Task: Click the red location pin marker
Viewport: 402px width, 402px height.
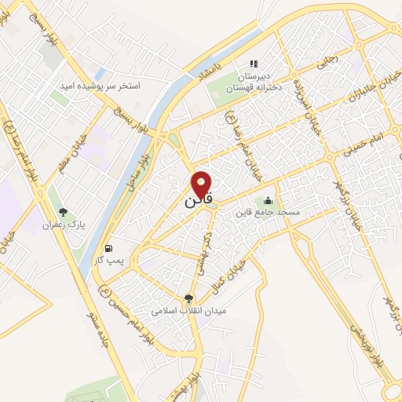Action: [x=202, y=184]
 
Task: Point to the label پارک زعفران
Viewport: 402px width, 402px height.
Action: [x=64, y=225]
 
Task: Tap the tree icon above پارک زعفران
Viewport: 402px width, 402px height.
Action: [x=64, y=212]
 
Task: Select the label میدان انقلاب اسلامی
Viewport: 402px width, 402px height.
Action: [x=188, y=311]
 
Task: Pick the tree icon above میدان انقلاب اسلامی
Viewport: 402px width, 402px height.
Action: [x=188, y=298]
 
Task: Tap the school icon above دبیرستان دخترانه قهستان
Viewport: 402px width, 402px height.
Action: [x=253, y=64]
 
